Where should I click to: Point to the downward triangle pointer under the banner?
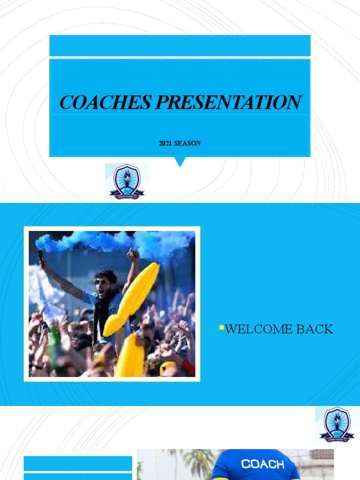180,162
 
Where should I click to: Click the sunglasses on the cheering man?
100,282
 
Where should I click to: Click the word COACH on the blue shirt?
262,464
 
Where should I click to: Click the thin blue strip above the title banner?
180,46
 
